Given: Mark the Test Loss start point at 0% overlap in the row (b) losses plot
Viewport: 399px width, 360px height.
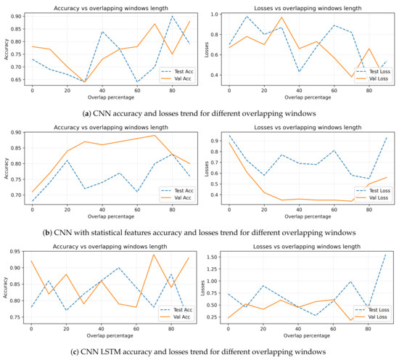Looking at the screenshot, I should point(250,136).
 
